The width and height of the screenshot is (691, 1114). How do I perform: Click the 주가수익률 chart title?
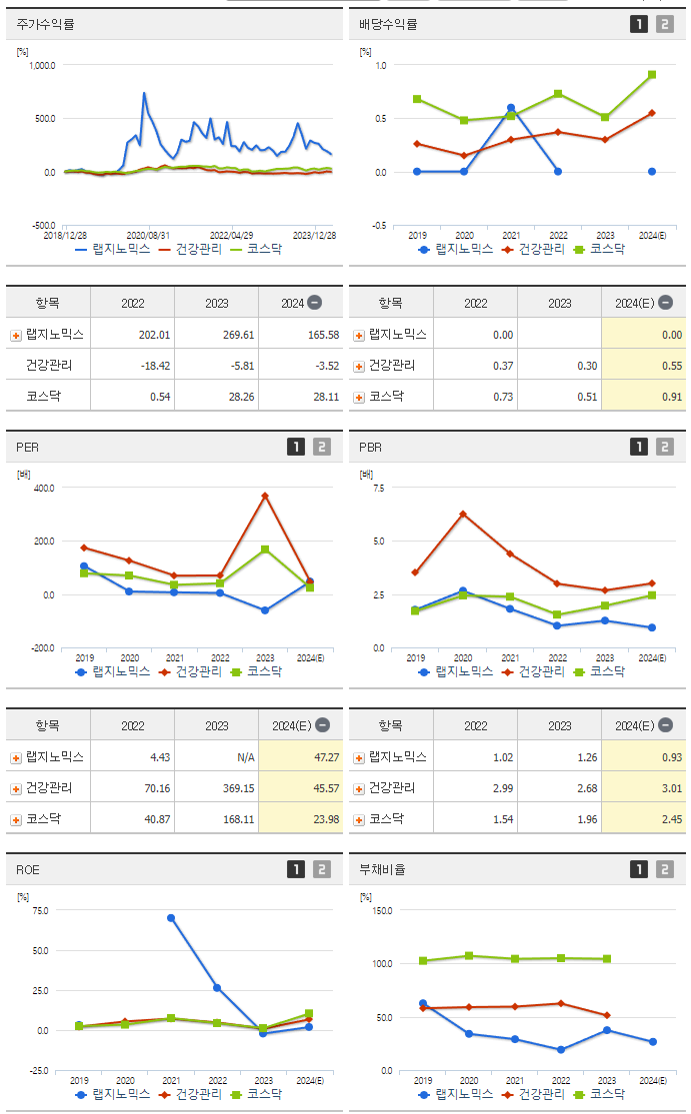tap(47, 24)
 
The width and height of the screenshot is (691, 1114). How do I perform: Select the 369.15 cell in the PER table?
tap(236, 788)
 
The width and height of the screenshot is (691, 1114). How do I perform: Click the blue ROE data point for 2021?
tap(171, 917)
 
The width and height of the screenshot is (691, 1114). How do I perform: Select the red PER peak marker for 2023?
tap(265, 496)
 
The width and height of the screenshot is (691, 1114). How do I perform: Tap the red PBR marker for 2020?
tap(463, 515)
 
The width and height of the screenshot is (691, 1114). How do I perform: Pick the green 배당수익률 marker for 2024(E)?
tap(652, 74)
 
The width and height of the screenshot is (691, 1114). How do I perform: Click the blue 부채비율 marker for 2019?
tap(423, 1003)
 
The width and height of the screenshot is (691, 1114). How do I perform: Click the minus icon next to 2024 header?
tap(314, 303)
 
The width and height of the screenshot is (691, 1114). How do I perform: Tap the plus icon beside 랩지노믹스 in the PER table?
tap(16, 757)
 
